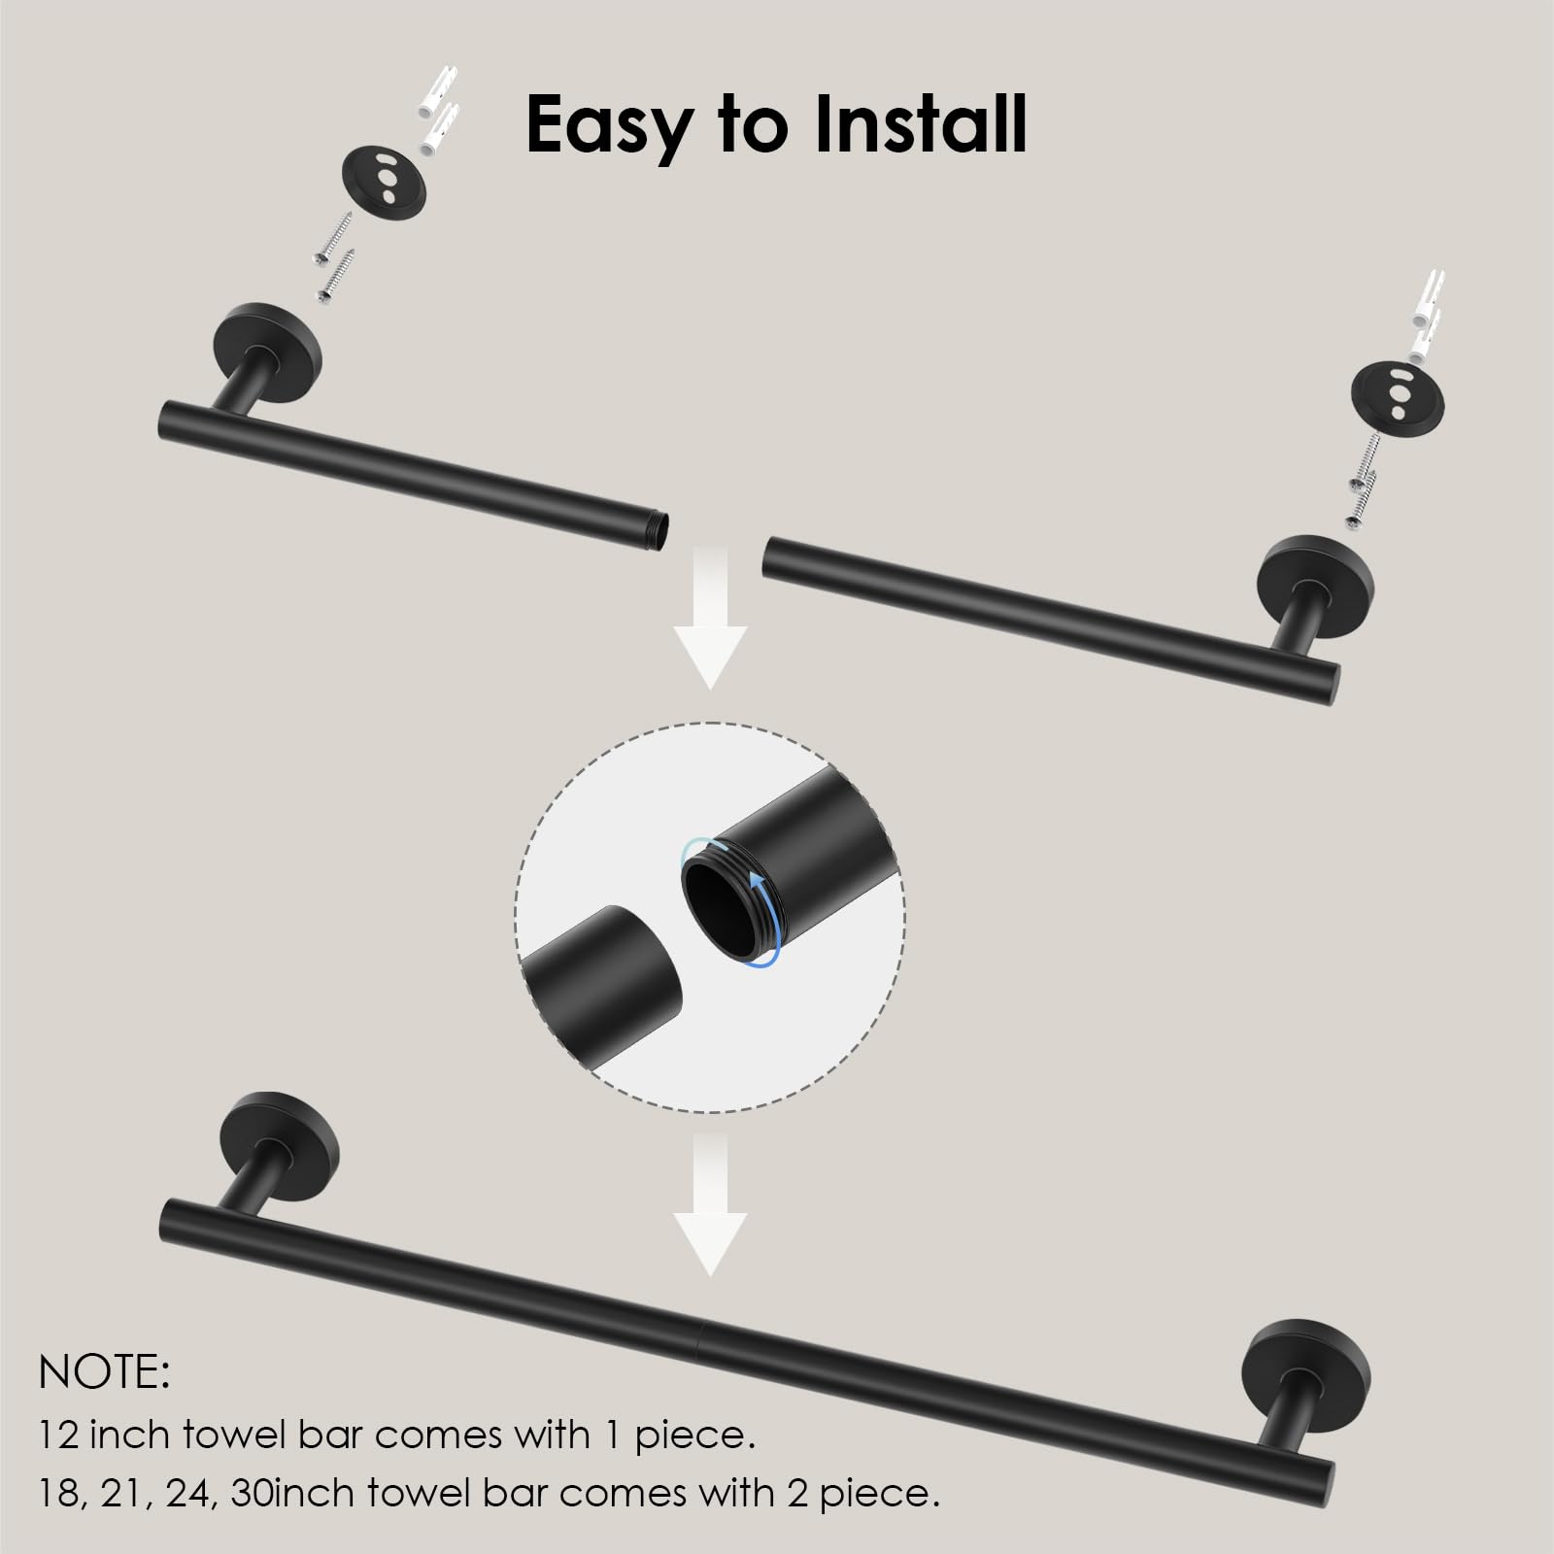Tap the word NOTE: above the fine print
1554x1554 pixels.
pyautogui.click(x=105, y=1371)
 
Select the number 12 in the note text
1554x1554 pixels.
pyautogui.click(x=58, y=1435)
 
